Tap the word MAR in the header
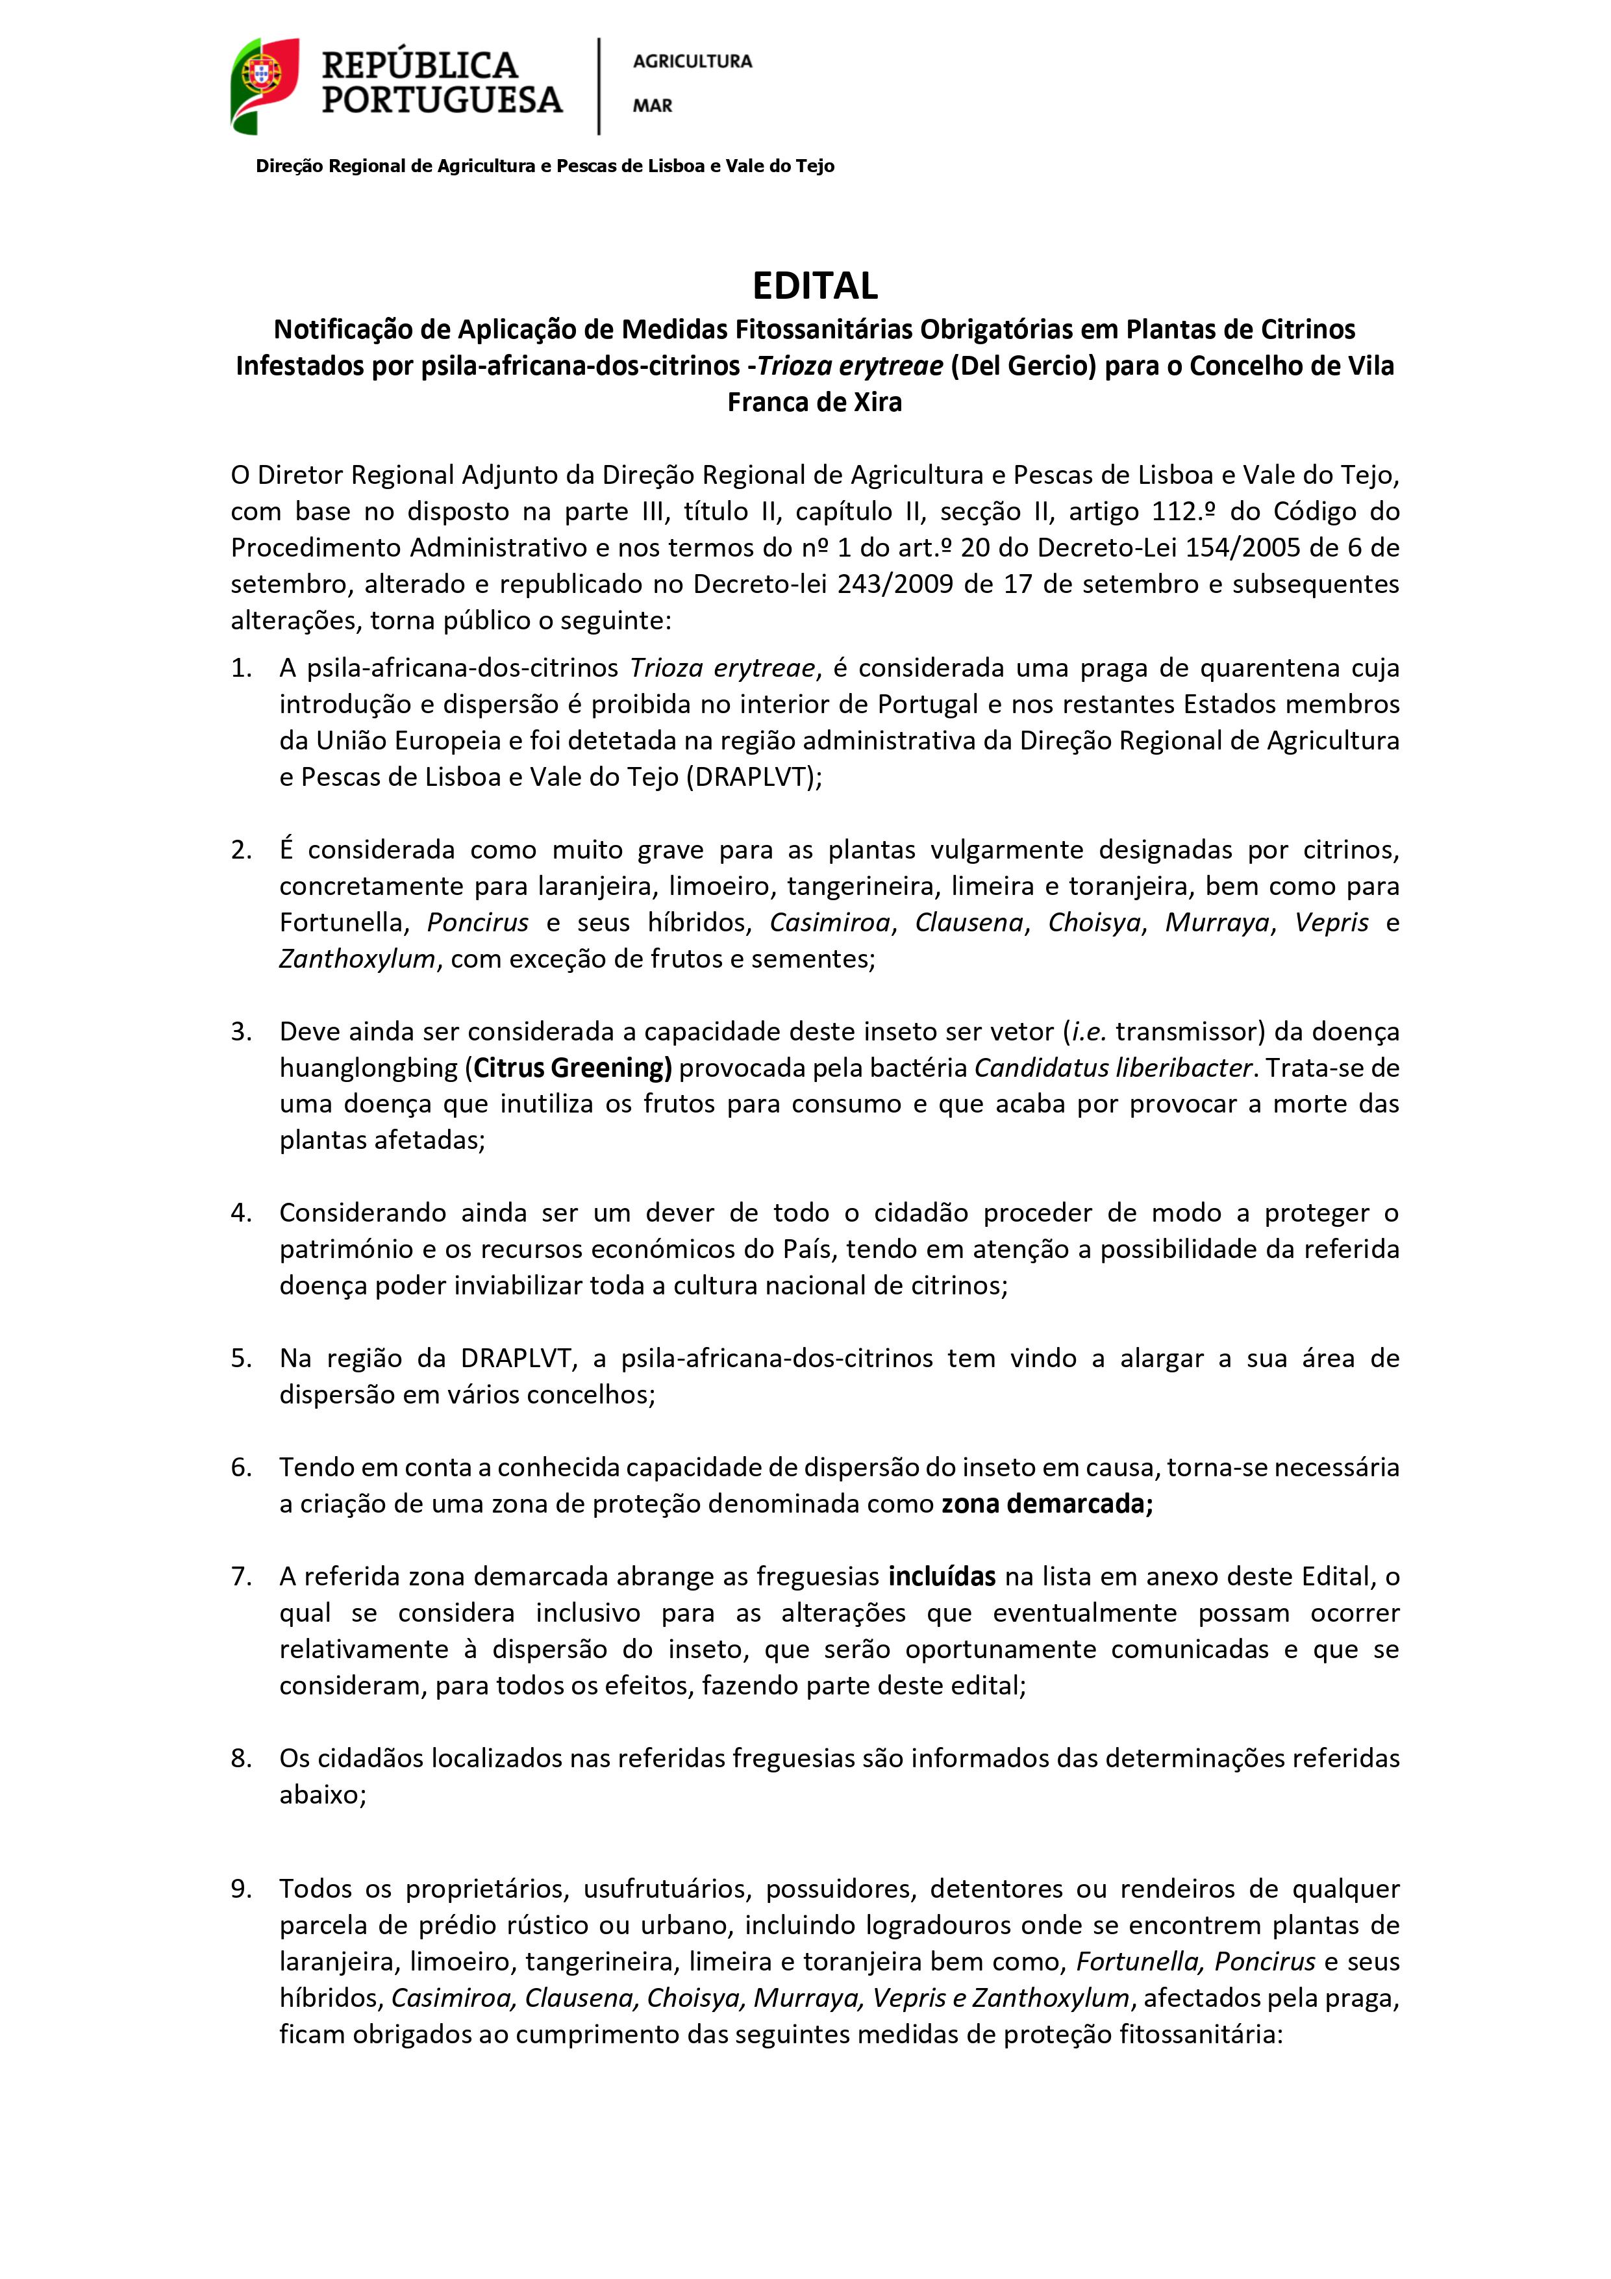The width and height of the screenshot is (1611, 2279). (x=652, y=105)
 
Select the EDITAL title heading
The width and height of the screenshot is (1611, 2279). (x=814, y=286)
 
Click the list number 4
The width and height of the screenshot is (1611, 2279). (x=241, y=1213)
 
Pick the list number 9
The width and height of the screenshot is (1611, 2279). (x=241, y=1889)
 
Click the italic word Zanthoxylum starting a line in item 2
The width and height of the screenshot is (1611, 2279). (x=356, y=959)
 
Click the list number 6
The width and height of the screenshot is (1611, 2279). (x=241, y=1467)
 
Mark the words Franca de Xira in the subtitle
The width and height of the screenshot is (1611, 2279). (x=814, y=402)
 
